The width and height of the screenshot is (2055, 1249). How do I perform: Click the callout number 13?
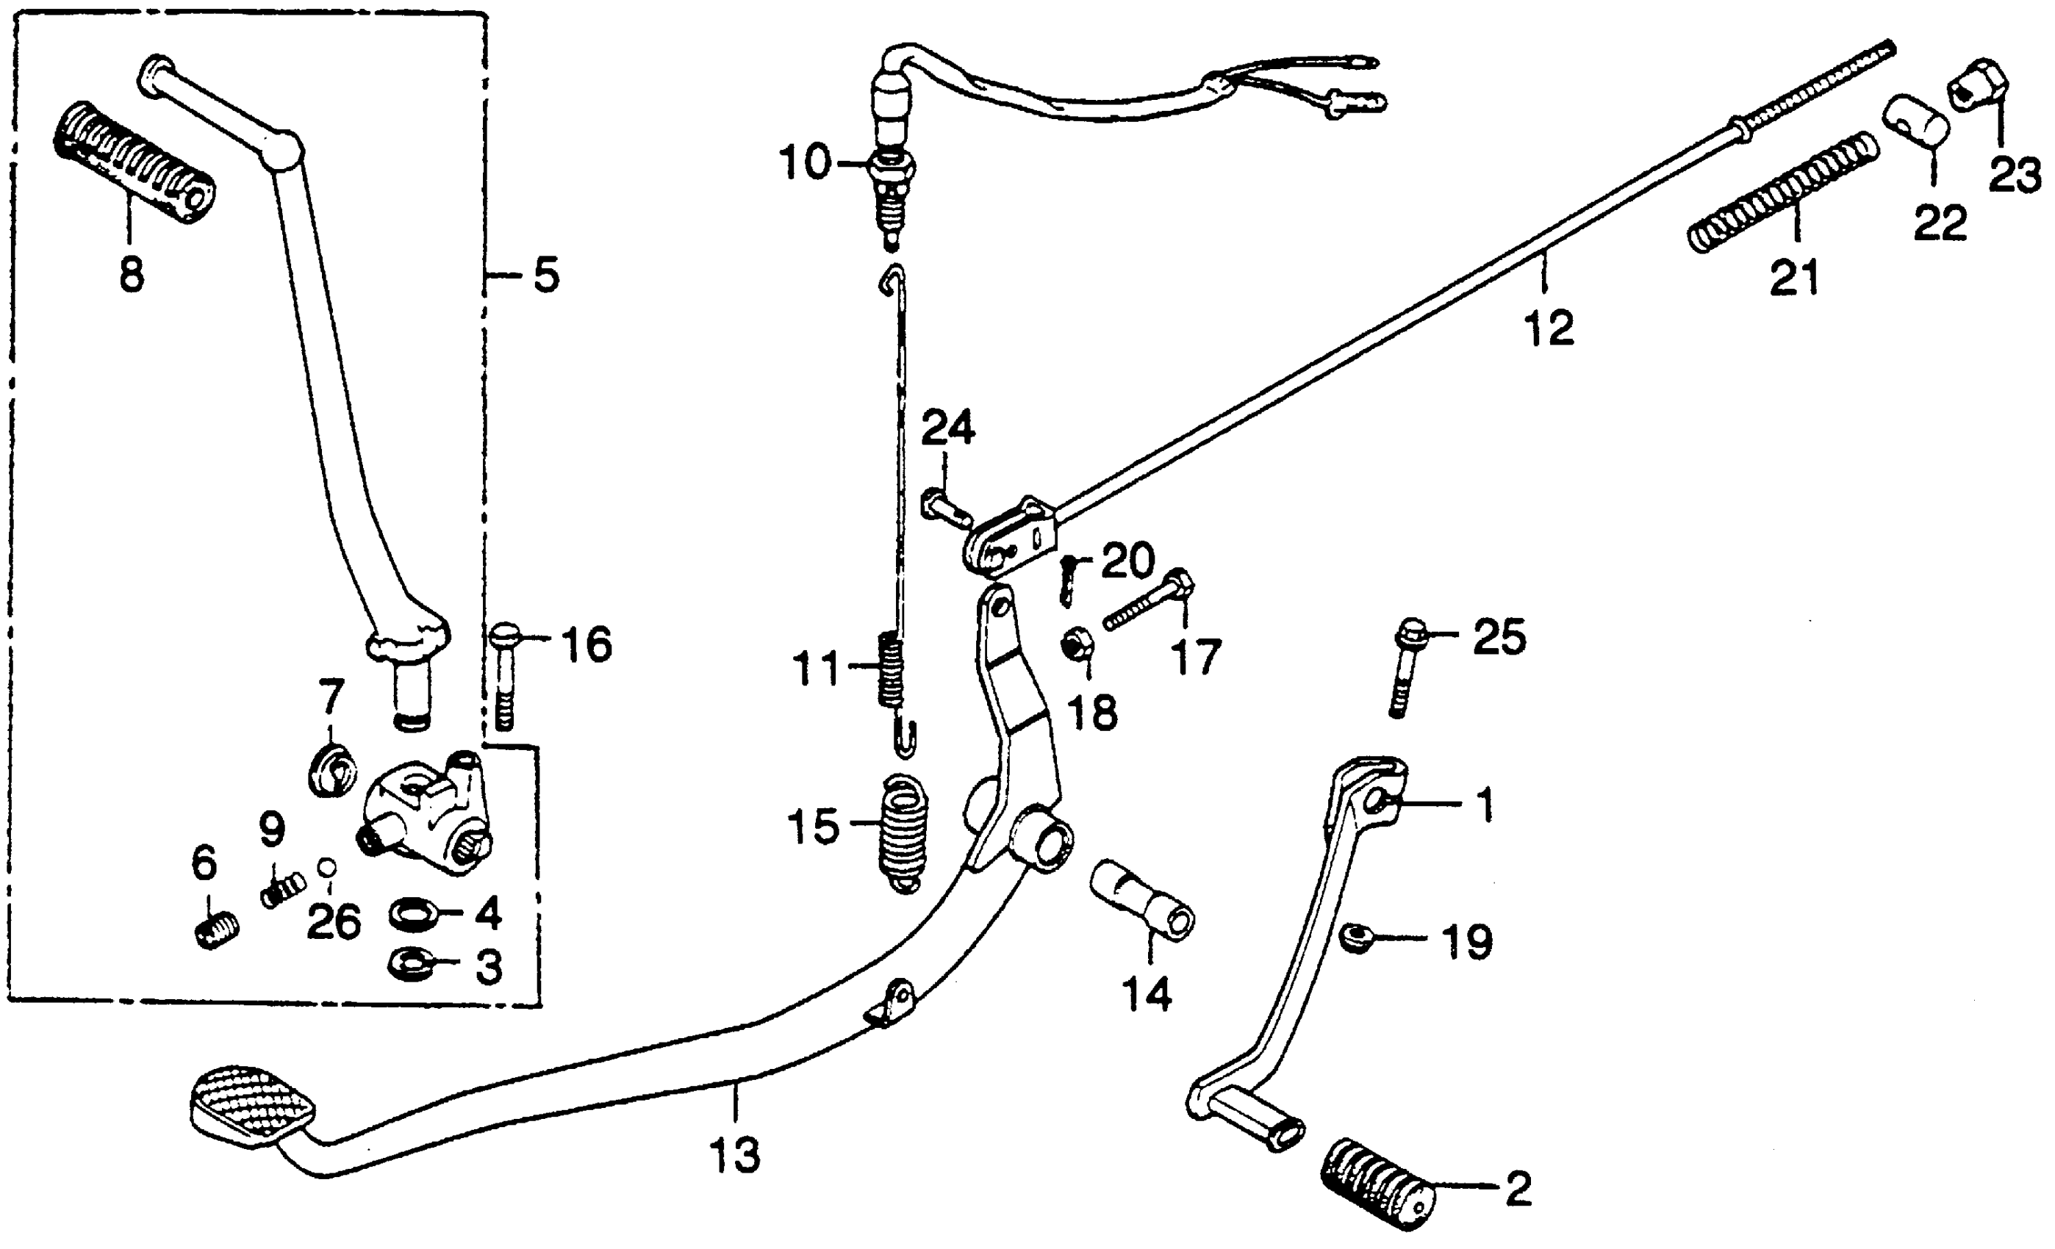pos(735,1156)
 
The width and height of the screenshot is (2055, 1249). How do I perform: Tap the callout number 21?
pos(1796,278)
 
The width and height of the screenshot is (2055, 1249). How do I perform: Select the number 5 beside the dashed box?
pos(546,275)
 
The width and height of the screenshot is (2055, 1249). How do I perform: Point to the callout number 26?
pos(334,922)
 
